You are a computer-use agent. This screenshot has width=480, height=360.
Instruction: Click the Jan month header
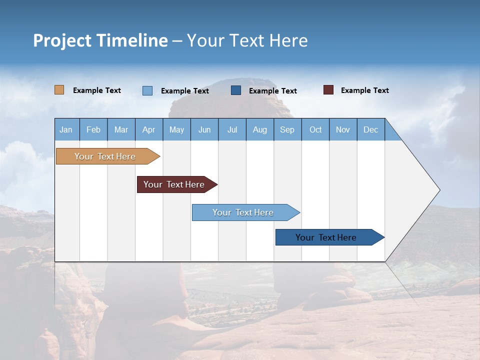(66, 130)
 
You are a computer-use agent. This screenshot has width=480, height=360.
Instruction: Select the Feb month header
(93, 130)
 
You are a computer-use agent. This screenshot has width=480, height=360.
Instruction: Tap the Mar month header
(121, 130)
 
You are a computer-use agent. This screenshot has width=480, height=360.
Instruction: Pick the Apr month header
(148, 130)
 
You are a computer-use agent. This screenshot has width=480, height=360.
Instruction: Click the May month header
(176, 130)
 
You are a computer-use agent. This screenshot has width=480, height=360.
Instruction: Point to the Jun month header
(204, 130)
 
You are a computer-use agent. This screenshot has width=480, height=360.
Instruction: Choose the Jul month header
(232, 130)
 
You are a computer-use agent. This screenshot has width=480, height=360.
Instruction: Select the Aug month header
(259, 130)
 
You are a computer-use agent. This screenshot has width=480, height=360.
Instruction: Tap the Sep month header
(287, 130)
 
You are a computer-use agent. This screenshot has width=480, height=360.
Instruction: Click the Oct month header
(315, 130)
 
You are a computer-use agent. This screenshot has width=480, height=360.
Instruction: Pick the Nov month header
(343, 130)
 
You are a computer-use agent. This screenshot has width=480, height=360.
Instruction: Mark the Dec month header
(370, 130)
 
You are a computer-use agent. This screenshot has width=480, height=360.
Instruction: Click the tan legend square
(59, 90)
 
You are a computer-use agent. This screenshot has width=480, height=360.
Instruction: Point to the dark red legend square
(328, 90)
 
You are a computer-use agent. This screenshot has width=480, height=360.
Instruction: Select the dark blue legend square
(236, 90)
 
